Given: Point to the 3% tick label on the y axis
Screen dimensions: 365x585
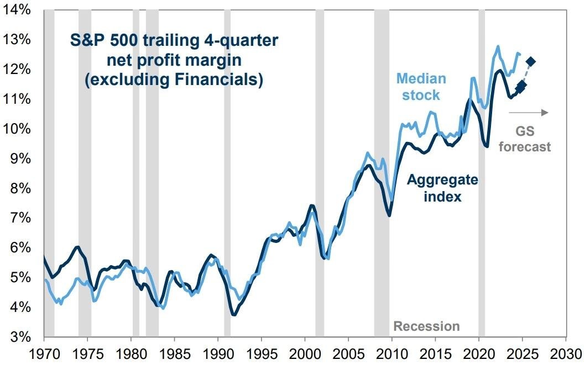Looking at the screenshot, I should click(x=17, y=337).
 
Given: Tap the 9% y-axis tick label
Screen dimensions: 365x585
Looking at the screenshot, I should click(x=17, y=158).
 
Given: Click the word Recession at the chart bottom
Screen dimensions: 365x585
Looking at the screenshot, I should click(x=426, y=326).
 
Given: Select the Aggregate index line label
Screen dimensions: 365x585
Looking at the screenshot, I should click(x=435, y=188).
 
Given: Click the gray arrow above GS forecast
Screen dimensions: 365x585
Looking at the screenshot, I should click(x=529, y=112).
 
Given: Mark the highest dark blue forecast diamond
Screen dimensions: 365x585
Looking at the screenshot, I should click(x=531, y=61).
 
